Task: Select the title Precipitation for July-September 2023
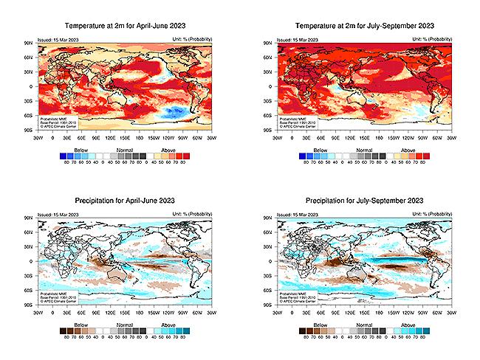(x=364, y=201)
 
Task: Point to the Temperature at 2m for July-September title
(x=364, y=27)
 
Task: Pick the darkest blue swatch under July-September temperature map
(x=303, y=156)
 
